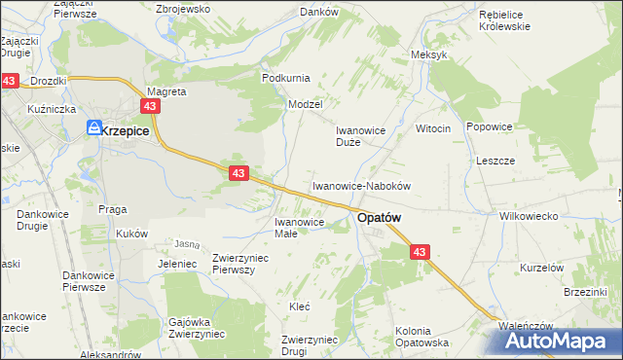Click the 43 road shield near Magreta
[x=150, y=106]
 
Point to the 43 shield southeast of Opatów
[x=420, y=252]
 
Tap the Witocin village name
[x=433, y=128]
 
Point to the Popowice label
[x=489, y=126]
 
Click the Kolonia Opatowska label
[x=421, y=337]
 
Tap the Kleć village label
[x=300, y=306]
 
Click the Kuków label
[x=131, y=234]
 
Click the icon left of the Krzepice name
[x=94, y=127]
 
